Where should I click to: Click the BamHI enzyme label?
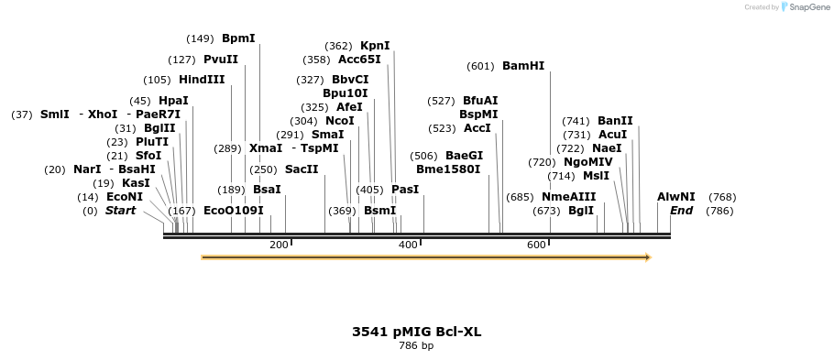click(523, 66)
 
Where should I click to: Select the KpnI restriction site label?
click(375, 46)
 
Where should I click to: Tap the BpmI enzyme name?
click(238, 38)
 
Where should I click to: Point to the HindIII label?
click(202, 80)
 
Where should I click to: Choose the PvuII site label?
click(221, 60)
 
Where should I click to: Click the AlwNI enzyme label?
click(676, 197)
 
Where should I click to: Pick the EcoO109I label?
click(234, 211)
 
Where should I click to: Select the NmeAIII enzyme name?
click(568, 197)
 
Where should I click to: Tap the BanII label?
click(615, 121)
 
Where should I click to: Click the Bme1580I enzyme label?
click(448, 169)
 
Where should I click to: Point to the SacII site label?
click(302, 169)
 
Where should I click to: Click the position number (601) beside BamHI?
click(480, 66)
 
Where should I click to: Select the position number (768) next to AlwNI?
click(722, 197)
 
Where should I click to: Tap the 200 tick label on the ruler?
click(279, 245)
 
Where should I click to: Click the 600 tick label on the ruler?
click(536, 245)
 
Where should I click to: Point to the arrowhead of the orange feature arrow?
click(647, 257)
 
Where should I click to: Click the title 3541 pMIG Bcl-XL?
click(416, 332)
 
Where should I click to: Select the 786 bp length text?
click(416, 346)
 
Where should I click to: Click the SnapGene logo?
click(804, 7)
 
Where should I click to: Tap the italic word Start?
click(120, 211)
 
